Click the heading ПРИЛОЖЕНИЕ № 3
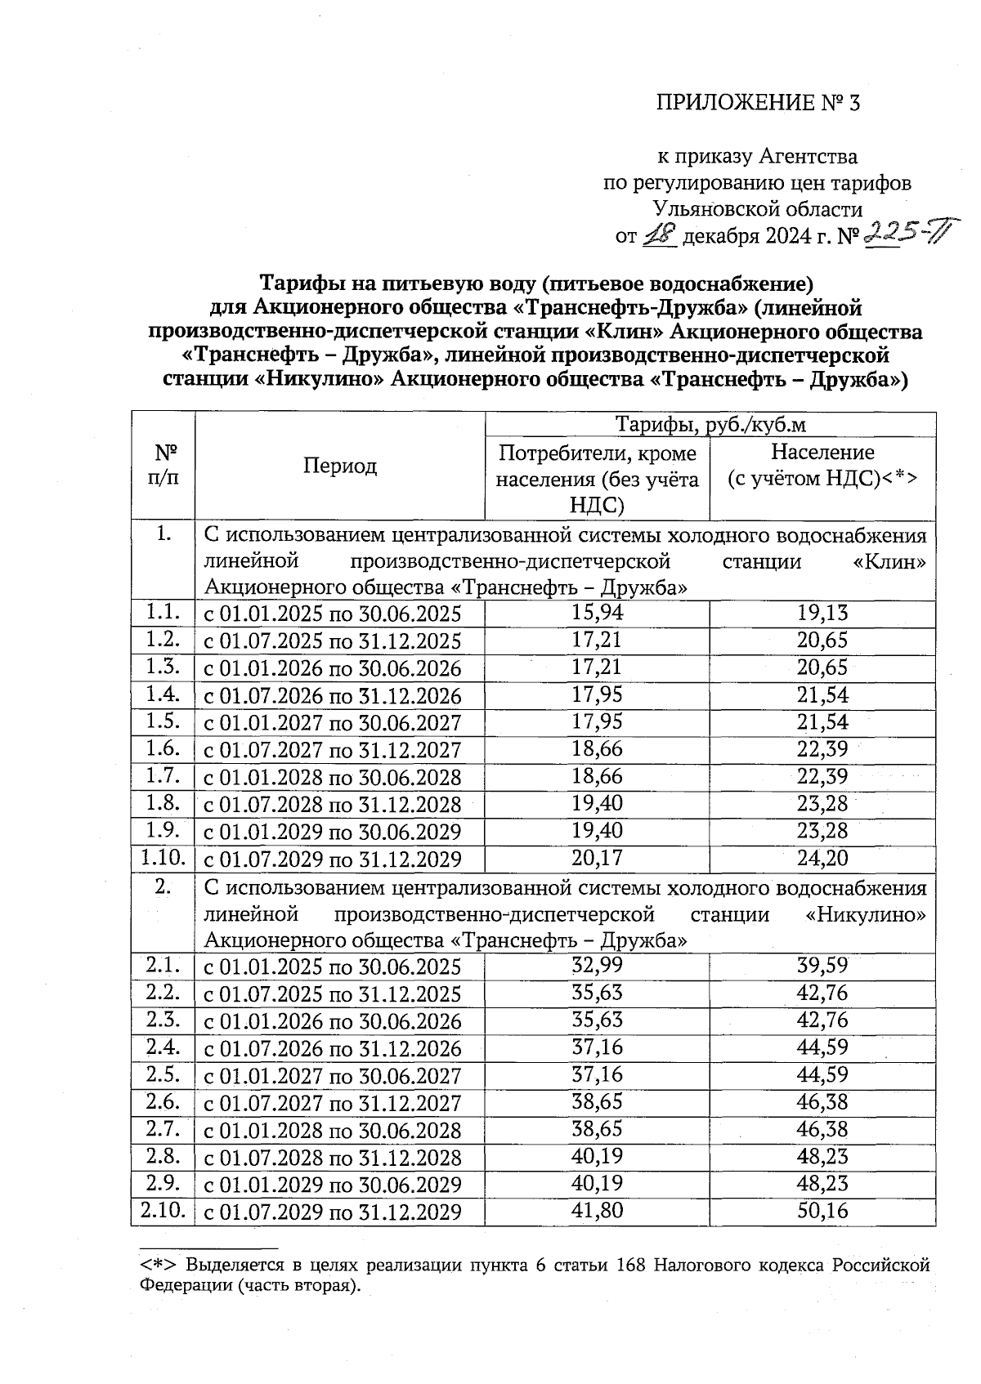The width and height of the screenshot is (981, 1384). coord(758,103)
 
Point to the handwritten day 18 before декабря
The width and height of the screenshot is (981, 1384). coord(658,236)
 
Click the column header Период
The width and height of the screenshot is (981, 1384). coord(340,466)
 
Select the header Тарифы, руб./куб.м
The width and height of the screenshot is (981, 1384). coord(710,425)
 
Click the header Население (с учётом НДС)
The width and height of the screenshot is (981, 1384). coord(822,466)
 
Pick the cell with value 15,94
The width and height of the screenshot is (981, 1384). coord(596,613)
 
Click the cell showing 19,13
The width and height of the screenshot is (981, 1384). coord(822,613)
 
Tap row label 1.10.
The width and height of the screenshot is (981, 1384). coord(163,858)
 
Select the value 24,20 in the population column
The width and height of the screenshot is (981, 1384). coord(822,858)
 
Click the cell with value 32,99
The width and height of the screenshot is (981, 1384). coord(596,966)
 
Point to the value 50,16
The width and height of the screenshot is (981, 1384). coord(822,1211)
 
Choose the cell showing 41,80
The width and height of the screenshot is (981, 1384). coord(596,1211)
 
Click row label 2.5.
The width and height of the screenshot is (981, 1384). coord(163,1074)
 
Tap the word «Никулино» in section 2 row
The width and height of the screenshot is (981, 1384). coord(867,914)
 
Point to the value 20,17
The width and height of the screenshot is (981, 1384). coord(596,858)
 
